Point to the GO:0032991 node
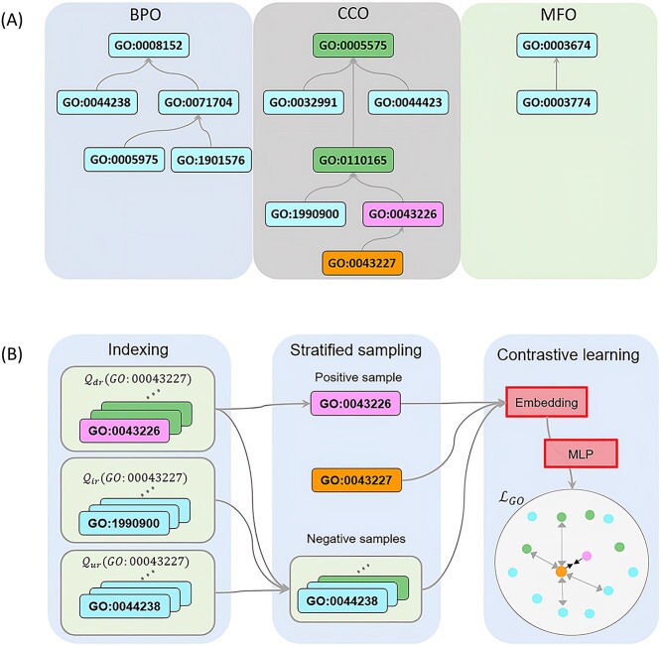pos(299,100)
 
